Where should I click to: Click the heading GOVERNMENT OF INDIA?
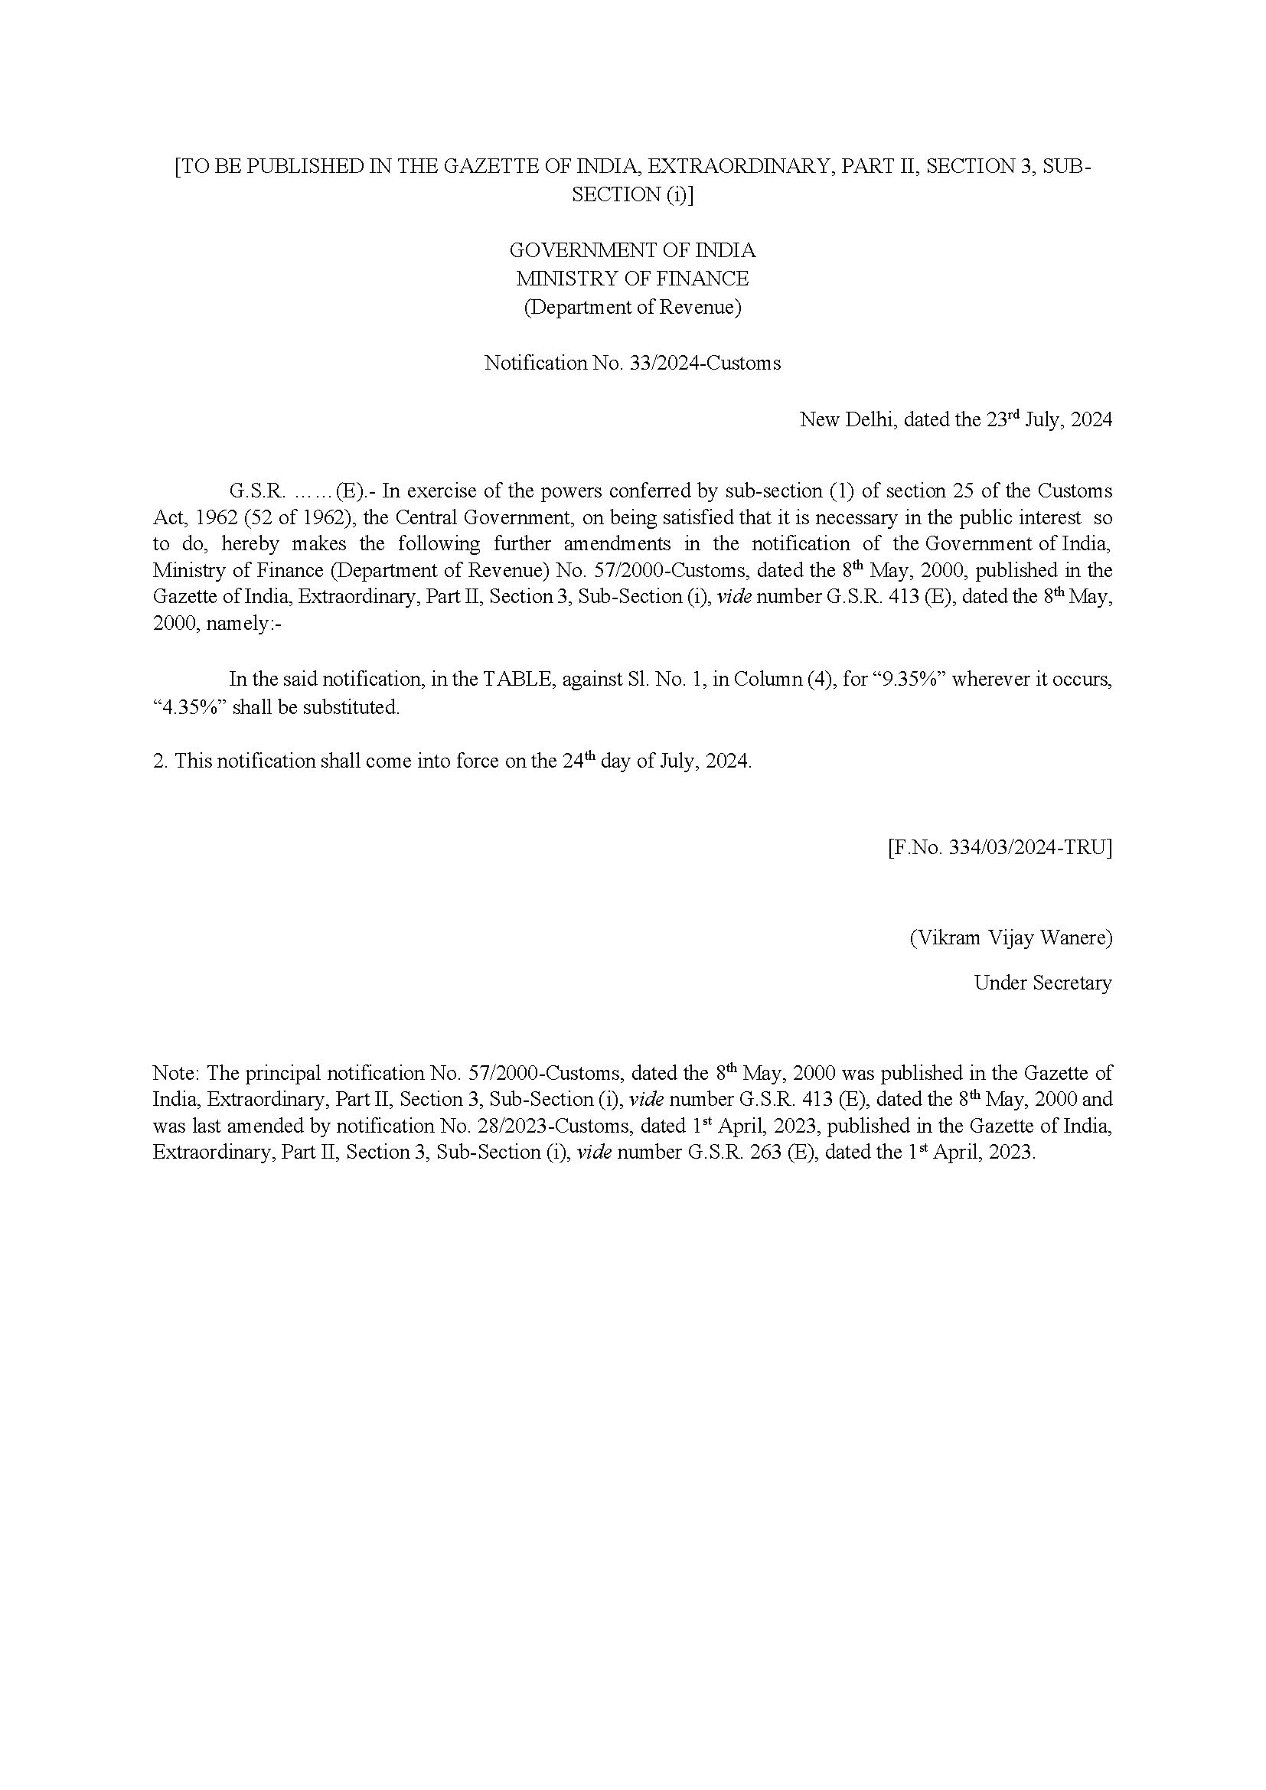(x=632, y=250)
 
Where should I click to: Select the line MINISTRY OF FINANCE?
(x=632, y=279)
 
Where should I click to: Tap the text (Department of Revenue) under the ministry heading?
(x=632, y=307)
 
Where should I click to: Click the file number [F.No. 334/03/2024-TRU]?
(x=1000, y=847)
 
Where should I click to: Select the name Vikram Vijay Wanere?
(x=1011, y=937)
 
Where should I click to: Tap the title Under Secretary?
(x=1042, y=983)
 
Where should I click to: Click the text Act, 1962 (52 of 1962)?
(x=249, y=517)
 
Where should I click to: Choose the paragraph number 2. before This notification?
(x=160, y=761)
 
